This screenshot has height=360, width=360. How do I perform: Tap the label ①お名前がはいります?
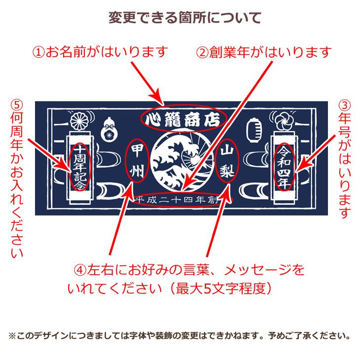tap(101, 51)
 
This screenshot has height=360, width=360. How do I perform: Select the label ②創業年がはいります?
tap(264, 52)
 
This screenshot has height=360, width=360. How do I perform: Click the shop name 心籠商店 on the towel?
tap(183, 118)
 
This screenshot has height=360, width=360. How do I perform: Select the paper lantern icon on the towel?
tap(255, 129)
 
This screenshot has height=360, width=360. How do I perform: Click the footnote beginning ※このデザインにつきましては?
tap(180, 336)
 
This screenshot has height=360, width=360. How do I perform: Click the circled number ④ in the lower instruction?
tap(80, 270)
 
